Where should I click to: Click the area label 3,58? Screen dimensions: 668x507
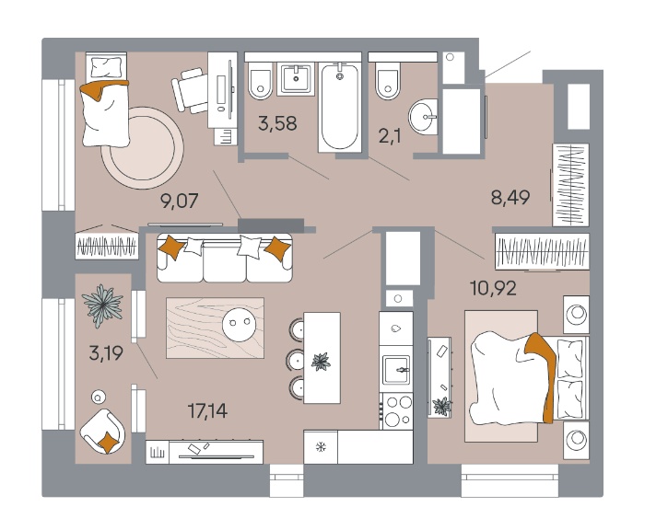click(x=277, y=123)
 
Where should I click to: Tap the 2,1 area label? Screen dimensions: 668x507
click(x=390, y=136)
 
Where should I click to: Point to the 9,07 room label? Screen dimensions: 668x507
click(x=180, y=201)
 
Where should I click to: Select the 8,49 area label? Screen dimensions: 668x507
click(x=510, y=197)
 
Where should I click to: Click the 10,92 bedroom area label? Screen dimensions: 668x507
click(x=493, y=288)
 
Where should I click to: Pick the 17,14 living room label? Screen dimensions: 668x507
click(x=207, y=411)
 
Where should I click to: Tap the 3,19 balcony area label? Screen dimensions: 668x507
click(x=106, y=353)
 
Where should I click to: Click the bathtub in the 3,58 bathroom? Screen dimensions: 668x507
click(x=340, y=107)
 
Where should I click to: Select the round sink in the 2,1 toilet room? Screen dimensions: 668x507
click(x=423, y=117)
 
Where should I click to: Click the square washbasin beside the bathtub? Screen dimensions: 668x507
click(x=296, y=79)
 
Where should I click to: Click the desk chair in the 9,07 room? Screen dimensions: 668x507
click(x=189, y=90)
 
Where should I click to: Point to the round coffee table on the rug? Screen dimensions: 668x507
click(x=240, y=324)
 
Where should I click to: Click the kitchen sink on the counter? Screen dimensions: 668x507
click(x=396, y=369)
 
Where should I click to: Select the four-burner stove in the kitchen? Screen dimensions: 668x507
click(x=398, y=411)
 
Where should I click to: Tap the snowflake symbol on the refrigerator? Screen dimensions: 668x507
click(x=321, y=447)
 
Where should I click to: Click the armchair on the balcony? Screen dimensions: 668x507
click(x=102, y=432)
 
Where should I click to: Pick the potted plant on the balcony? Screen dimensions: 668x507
click(x=102, y=305)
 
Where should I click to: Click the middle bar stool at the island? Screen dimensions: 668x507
click(x=297, y=360)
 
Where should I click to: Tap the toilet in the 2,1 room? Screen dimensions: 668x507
click(x=388, y=81)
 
